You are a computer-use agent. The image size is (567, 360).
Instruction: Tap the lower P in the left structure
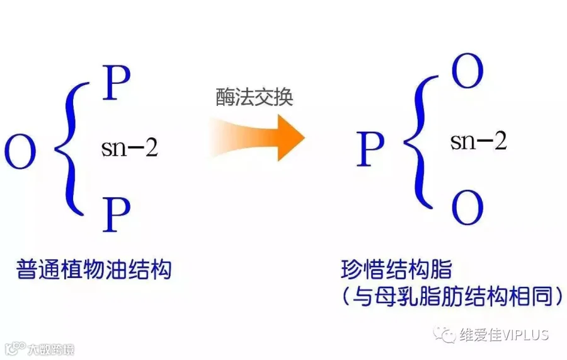click(117, 214)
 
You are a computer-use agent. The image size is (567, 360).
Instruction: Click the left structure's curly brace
click(71, 149)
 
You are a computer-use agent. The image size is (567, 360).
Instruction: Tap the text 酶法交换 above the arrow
click(255, 97)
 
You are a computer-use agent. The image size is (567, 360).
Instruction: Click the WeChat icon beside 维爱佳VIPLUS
click(449, 334)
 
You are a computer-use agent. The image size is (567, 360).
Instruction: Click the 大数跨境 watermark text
click(50, 349)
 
